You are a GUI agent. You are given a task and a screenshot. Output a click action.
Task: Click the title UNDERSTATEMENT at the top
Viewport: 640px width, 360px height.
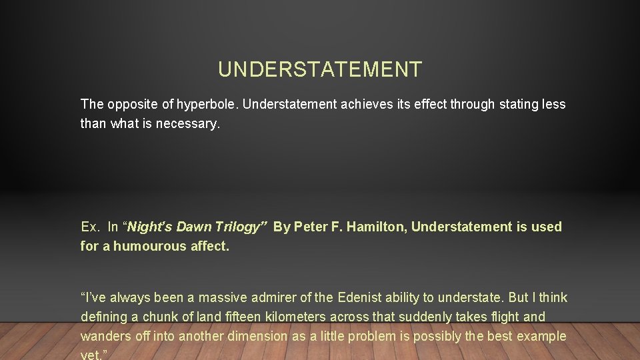pyautogui.click(x=320, y=69)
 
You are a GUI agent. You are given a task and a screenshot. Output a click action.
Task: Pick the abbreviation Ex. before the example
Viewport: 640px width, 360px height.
pyautogui.click(x=90, y=227)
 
